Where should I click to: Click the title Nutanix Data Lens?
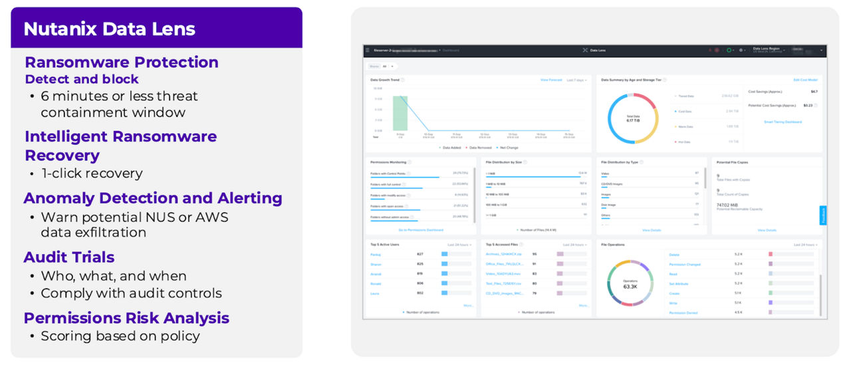click(110, 29)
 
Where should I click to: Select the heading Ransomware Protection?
click(122, 62)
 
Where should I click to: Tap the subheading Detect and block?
click(82, 79)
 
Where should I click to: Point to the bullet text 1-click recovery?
click(92, 174)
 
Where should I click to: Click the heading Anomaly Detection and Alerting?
click(153, 198)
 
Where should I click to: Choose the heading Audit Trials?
click(69, 257)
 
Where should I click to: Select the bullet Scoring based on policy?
click(120, 336)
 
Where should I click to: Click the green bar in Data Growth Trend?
click(400, 113)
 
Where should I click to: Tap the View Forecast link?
click(550, 80)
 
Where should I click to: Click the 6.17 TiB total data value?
click(632, 120)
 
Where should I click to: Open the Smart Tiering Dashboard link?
click(783, 122)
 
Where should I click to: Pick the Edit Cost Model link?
click(805, 80)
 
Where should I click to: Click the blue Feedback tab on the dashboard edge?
click(823, 215)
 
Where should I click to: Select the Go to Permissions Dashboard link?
click(420, 230)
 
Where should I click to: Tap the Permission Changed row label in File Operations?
click(684, 264)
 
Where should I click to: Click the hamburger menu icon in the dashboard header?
click(366, 50)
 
